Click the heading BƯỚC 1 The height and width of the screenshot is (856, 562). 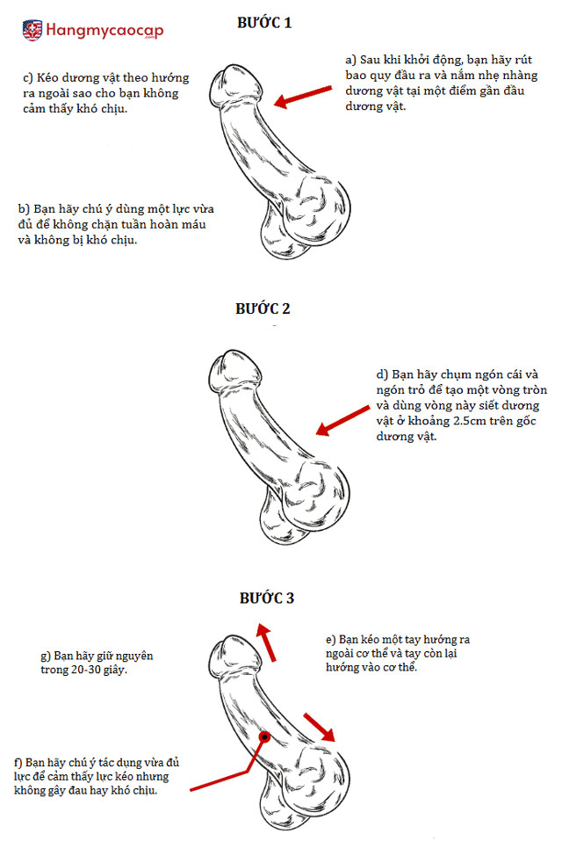264,22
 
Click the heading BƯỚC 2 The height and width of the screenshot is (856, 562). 263,308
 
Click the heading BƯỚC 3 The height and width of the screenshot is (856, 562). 267,598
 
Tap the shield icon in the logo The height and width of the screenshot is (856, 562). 32,30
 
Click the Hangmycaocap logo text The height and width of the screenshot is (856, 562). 104,30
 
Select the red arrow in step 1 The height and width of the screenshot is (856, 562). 302,96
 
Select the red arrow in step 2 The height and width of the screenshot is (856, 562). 342,420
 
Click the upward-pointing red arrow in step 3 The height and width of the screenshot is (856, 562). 267,642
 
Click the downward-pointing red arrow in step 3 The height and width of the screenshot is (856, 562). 319,727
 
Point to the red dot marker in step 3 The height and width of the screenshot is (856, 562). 264,737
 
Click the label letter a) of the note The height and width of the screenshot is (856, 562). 351,60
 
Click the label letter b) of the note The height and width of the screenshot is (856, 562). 24,209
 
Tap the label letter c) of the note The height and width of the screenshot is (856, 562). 28,78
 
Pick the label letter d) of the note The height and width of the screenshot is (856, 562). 382,374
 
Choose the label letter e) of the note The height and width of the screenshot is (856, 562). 331,640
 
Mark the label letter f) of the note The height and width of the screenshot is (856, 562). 18,763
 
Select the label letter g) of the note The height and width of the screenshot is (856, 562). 46,657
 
